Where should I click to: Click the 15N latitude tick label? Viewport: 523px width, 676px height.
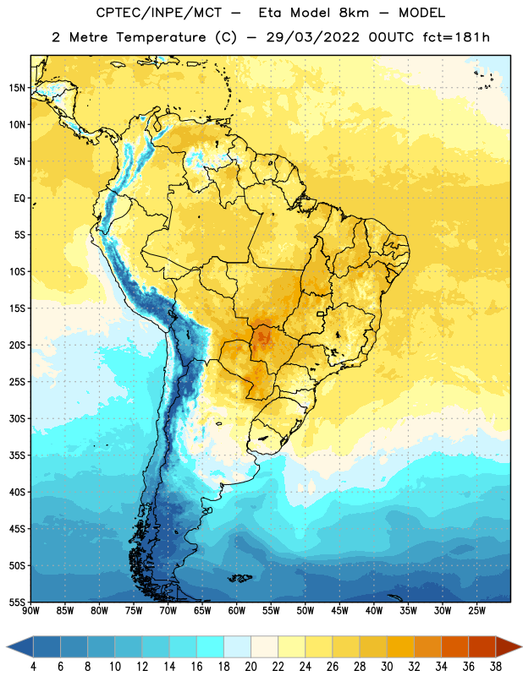(17, 88)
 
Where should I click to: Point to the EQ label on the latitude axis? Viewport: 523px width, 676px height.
(19, 199)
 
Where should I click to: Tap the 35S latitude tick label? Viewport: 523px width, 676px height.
(17, 455)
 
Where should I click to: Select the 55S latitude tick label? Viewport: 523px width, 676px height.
(17, 602)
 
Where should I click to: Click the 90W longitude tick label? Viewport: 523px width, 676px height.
(30, 611)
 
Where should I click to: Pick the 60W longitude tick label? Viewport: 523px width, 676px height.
(237, 611)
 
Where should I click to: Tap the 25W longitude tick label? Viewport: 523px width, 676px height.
(476, 611)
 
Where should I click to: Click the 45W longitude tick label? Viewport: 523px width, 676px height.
(339, 611)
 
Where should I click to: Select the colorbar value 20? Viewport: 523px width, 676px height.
(250, 667)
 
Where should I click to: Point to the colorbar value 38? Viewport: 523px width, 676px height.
(495, 667)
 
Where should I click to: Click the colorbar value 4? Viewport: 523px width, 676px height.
(33, 667)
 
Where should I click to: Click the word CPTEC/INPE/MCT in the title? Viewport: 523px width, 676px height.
(159, 13)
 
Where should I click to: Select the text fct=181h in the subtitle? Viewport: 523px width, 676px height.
(456, 37)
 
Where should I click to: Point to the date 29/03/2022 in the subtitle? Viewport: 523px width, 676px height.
(312, 37)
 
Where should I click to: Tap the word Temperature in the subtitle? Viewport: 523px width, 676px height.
(161, 37)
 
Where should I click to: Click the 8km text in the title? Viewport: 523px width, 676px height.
(354, 13)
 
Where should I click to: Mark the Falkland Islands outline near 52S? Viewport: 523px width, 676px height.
(240, 578)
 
